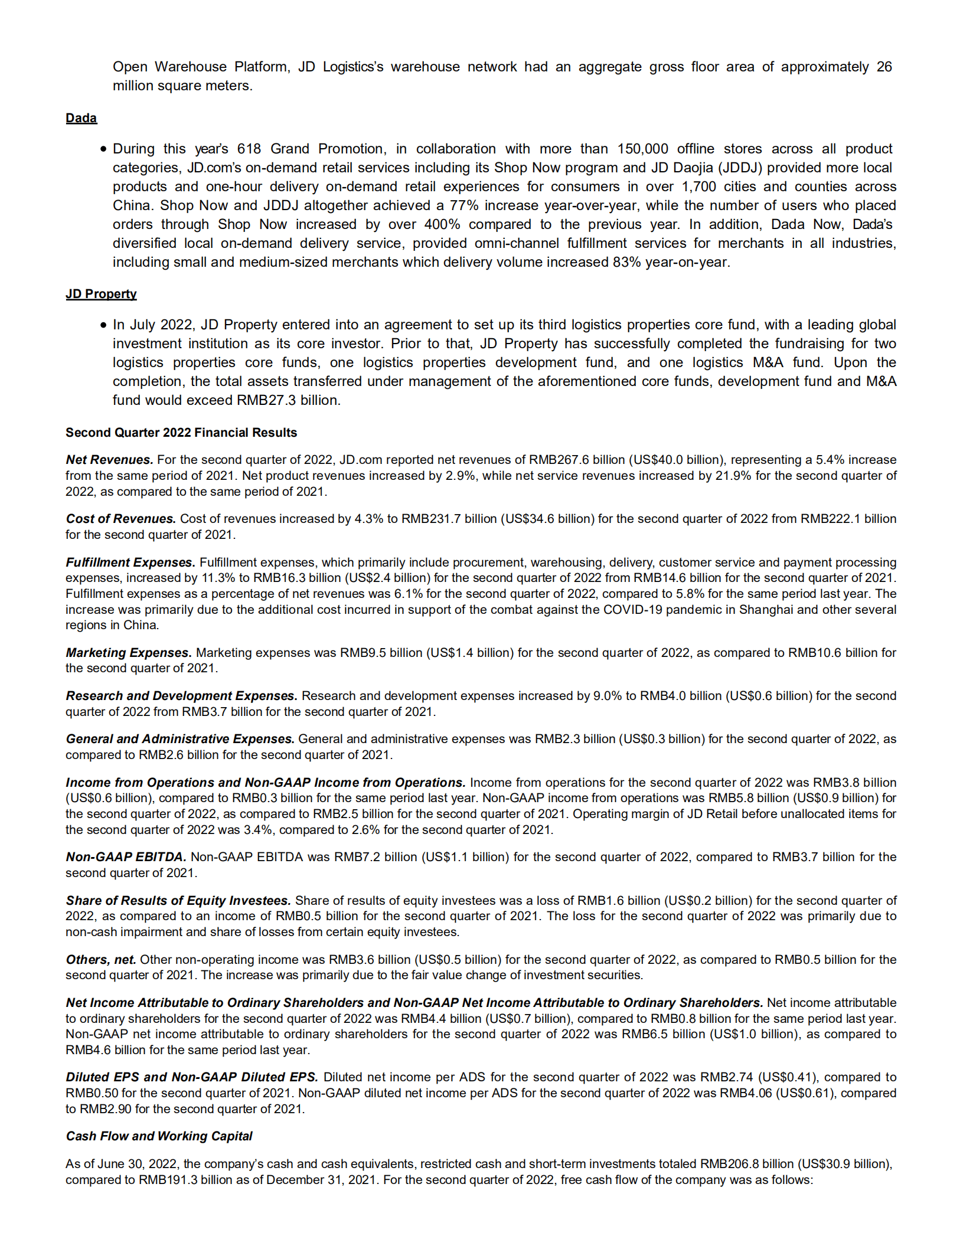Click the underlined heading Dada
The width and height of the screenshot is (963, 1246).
(81, 118)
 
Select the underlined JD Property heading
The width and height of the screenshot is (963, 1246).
(101, 294)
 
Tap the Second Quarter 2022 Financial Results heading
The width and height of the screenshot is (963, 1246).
(181, 433)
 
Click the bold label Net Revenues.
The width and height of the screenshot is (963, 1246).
(109, 460)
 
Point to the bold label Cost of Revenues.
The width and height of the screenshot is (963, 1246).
(120, 519)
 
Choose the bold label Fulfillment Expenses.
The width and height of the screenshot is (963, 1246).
(130, 563)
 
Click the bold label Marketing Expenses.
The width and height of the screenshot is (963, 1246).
(128, 653)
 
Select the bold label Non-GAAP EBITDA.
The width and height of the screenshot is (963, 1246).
(126, 857)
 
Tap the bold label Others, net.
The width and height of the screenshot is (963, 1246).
(100, 960)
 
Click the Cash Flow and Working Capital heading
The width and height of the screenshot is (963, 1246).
(159, 1136)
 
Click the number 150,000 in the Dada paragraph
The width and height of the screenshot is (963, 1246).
(642, 149)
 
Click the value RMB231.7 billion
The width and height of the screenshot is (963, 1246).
(449, 519)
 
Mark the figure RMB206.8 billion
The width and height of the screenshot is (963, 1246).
(747, 1164)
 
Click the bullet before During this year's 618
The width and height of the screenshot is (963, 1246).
(103, 149)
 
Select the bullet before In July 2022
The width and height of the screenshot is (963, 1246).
(103, 325)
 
